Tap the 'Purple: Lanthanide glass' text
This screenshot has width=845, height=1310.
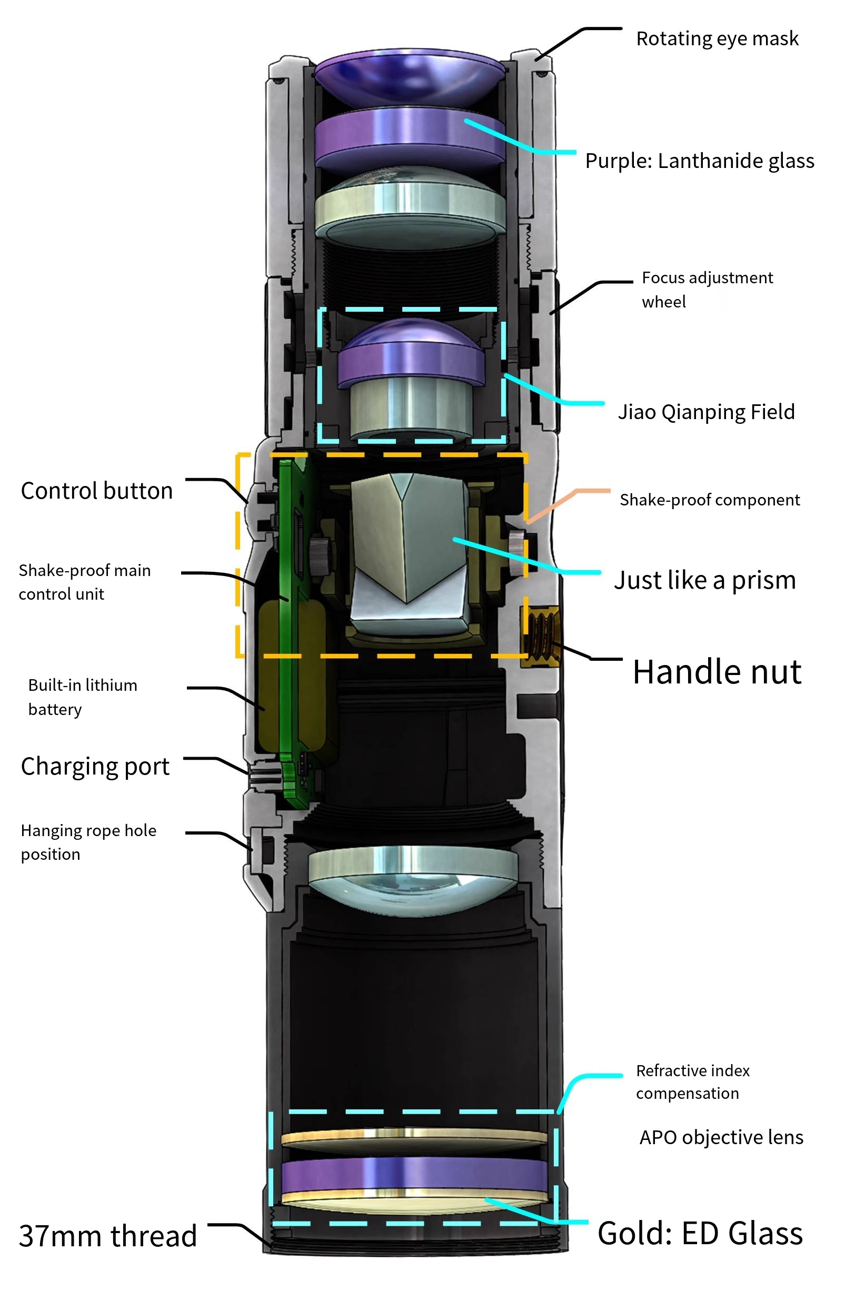(x=699, y=161)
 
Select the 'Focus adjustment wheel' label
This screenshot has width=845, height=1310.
(x=707, y=290)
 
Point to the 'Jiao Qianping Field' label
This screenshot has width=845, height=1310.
(x=705, y=412)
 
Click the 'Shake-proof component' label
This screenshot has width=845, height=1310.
(x=709, y=500)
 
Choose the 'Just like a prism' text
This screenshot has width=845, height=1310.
(x=704, y=580)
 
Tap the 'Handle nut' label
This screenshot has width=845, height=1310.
(x=717, y=672)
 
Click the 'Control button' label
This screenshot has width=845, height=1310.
(x=96, y=491)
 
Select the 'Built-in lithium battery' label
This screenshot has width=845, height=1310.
(x=82, y=697)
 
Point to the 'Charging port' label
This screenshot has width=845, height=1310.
(x=95, y=767)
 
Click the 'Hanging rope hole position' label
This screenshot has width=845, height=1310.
(x=88, y=842)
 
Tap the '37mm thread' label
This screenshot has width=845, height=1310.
(x=107, y=1236)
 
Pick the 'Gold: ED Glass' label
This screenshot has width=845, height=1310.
(x=700, y=1234)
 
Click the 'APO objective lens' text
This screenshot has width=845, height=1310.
(x=721, y=1137)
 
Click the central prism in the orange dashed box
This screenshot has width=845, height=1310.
(x=409, y=543)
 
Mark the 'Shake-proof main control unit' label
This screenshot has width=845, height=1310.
(x=84, y=582)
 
